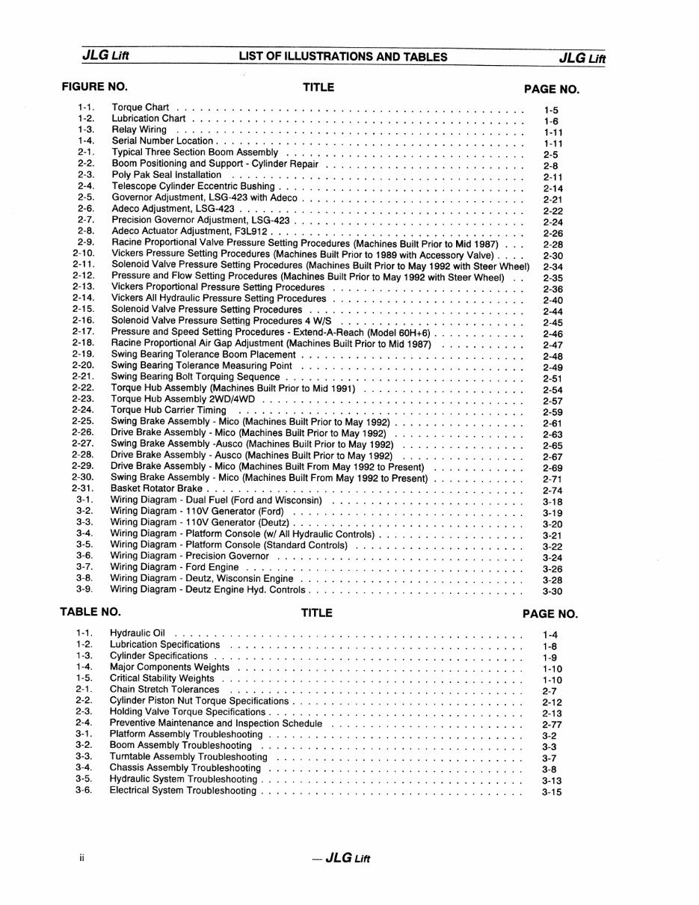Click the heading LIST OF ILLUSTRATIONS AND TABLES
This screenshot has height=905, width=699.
coord(343,57)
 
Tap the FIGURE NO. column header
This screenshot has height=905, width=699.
coord(94,87)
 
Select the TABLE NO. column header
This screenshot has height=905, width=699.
coord(90,613)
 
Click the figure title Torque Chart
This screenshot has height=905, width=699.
coord(141,107)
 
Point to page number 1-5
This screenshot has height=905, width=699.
coord(552,110)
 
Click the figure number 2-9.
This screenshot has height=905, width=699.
coord(84,242)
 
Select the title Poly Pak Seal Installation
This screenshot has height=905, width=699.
coord(167,175)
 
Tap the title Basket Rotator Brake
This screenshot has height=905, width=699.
coord(156,489)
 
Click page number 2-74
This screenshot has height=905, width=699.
coord(552,491)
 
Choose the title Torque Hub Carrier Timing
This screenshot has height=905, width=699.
coord(169,411)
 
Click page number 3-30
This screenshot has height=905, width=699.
coord(552,592)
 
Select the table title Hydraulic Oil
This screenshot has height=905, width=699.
coord(138,633)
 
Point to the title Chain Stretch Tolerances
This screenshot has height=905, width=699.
coord(164,690)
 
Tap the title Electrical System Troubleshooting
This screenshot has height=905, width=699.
coord(183,791)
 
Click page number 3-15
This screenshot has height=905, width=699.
coord(552,793)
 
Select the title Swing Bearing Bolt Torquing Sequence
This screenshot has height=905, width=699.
coord(195,377)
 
